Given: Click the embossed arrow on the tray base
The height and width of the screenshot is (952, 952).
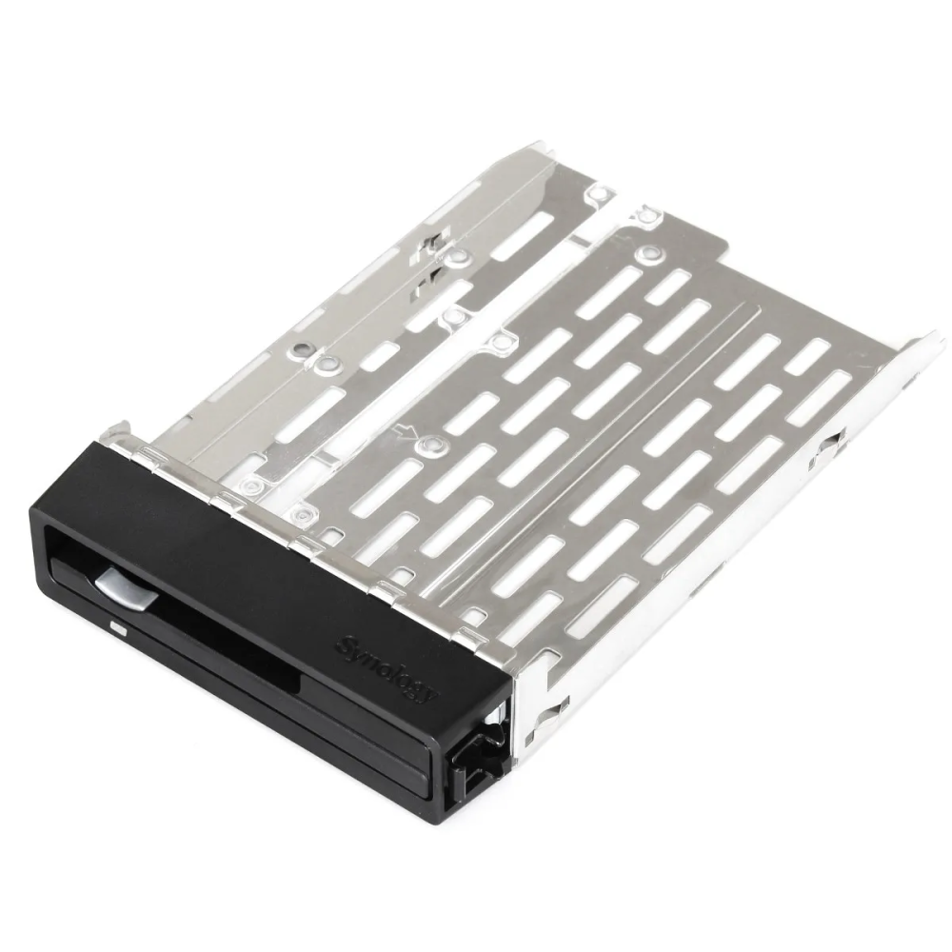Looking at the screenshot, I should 408,432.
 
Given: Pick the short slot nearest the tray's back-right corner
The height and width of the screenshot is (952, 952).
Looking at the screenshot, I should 808,355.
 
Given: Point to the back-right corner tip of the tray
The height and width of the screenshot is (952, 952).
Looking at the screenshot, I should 938,335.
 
